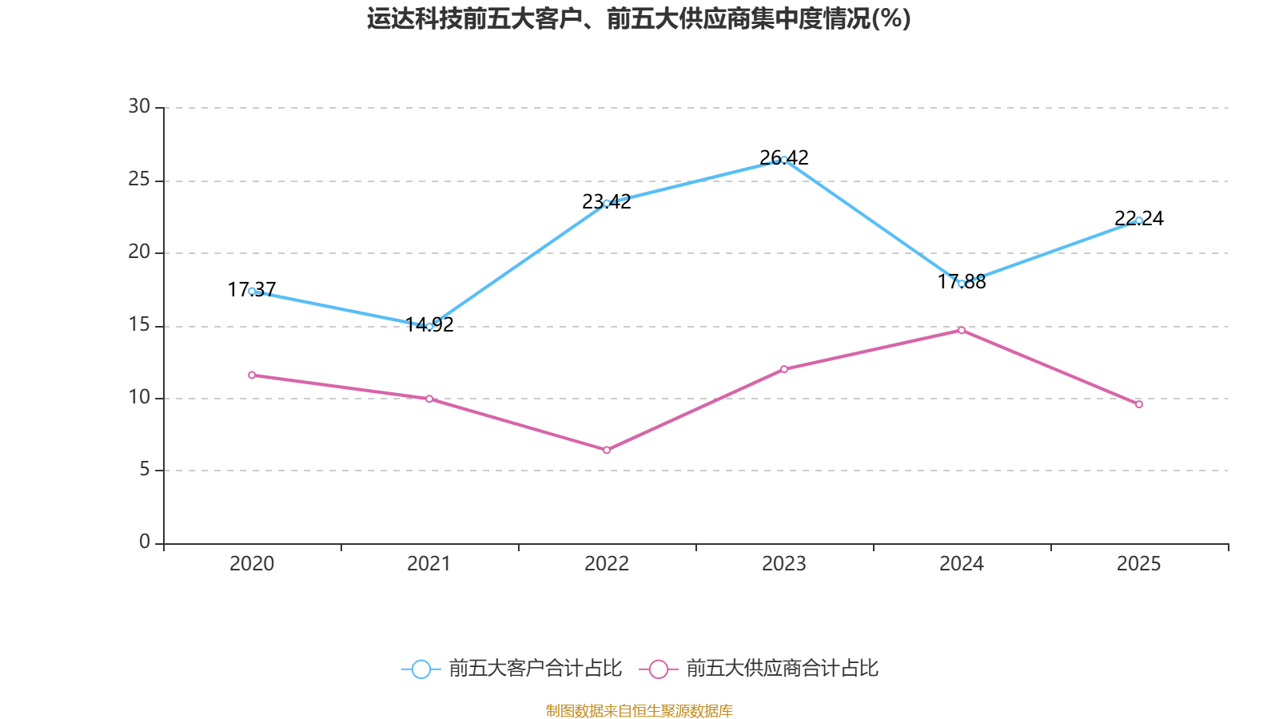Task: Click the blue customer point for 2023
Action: point(784,160)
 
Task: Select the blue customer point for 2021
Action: point(429,326)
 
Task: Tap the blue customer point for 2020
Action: point(252,291)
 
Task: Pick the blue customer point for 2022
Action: point(607,203)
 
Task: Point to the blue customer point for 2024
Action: point(962,283)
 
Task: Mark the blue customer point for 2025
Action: point(1139,220)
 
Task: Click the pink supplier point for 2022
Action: point(607,451)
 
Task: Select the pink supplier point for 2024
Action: point(962,330)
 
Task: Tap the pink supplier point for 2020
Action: point(252,375)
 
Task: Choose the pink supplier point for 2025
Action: point(1139,404)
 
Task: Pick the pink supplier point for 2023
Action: point(784,369)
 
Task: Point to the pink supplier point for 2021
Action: point(429,399)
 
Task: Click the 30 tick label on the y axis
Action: point(139,107)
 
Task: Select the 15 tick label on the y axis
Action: point(139,325)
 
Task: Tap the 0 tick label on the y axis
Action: point(145,542)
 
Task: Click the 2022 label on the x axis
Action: point(607,564)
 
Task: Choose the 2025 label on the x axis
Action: point(1138,564)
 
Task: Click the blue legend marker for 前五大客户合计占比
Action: point(420,669)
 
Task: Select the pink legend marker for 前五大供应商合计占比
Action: point(658,669)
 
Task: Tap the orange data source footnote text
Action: point(639,710)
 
